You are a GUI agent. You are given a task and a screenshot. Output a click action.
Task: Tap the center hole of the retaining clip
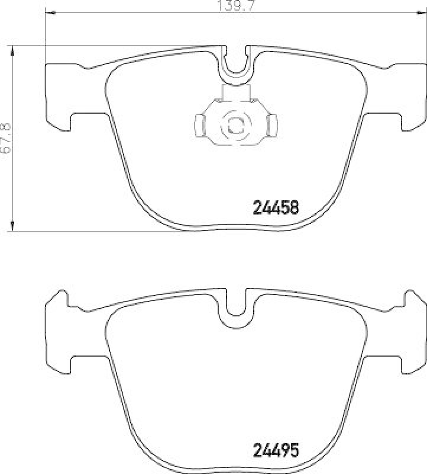[235, 124]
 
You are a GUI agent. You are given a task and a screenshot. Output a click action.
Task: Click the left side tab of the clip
[199, 124]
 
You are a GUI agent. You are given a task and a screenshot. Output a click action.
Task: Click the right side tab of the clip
[271, 124]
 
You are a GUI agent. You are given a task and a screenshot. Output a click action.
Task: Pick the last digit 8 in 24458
[296, 207]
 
